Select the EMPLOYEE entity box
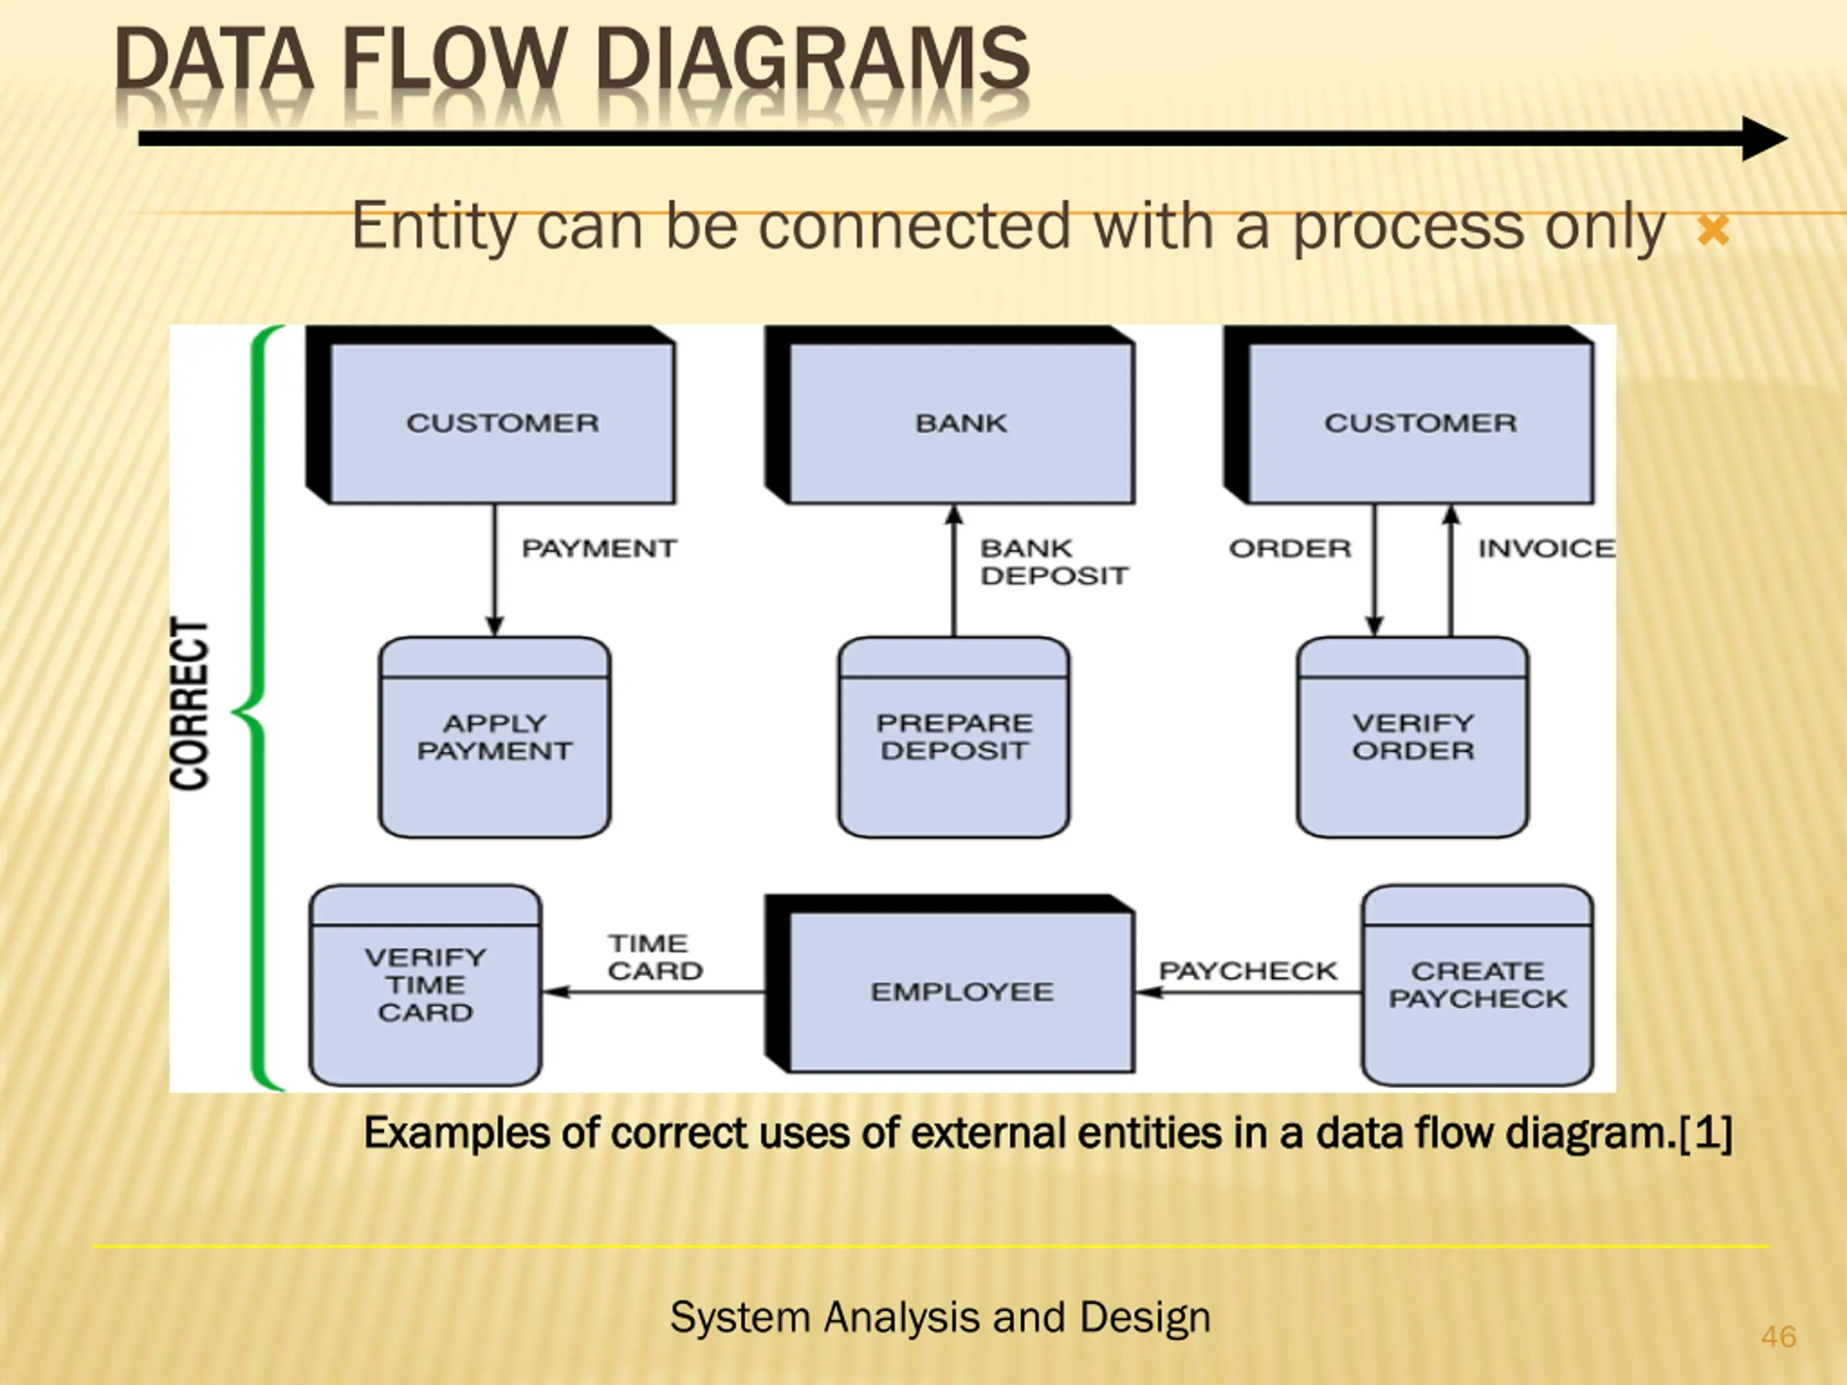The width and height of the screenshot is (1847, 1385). click(x=961, y=991)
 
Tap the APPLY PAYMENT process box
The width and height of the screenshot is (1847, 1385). click(x=494, y=737)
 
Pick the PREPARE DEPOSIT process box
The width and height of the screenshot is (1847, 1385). click(x=954, y=737)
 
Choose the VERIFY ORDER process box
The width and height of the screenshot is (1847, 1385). click(x=1413, y=737)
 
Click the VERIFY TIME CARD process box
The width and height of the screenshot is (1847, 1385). click(x=425, y=985)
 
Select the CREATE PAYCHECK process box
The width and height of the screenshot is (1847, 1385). click(x=1477, y=985)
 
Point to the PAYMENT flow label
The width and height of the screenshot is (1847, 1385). click(x=599, y=548)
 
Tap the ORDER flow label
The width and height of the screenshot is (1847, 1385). click(x=1289, y=548)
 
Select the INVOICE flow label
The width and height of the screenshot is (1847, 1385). click(x=1545, y=548)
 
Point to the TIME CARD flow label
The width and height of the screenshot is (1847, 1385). click(x=654, y=957)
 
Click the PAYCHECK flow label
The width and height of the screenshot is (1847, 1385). click(x=1247, y=971)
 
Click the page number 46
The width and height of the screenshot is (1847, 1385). click(x=1778, y=1337)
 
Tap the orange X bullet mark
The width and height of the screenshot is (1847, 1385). click(x=1713, y=230)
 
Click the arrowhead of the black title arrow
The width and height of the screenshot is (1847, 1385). click(x=1763, y=138)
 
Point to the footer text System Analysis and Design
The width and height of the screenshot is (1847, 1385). click(x=939, y=1317)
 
